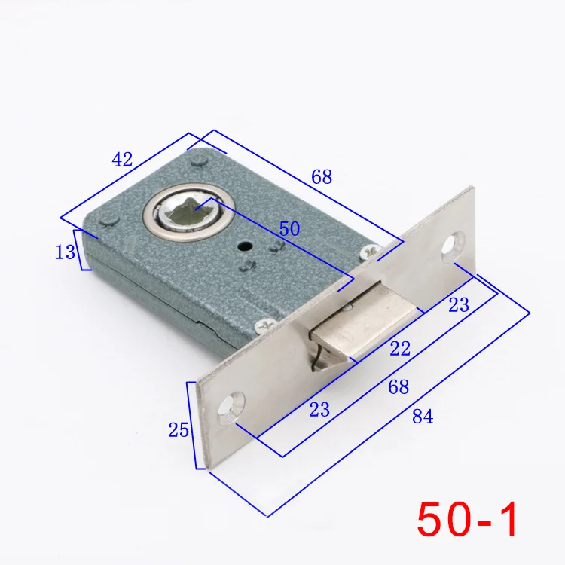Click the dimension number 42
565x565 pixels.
[x=122, y=160]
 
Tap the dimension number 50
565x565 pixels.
[x=289, y=228]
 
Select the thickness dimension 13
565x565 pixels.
[x=66, y=252]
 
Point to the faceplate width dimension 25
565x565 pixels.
[x=179, y=430]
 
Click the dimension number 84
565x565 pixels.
[x=423, y=417]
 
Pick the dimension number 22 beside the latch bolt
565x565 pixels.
[x=400, y=349]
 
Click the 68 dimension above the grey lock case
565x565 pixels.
[x=322, y=177]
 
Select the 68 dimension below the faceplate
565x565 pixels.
[x=399, y=387]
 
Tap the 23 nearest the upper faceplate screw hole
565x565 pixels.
[x=459, y=305]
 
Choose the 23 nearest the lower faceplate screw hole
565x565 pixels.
[x=319, y=410]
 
